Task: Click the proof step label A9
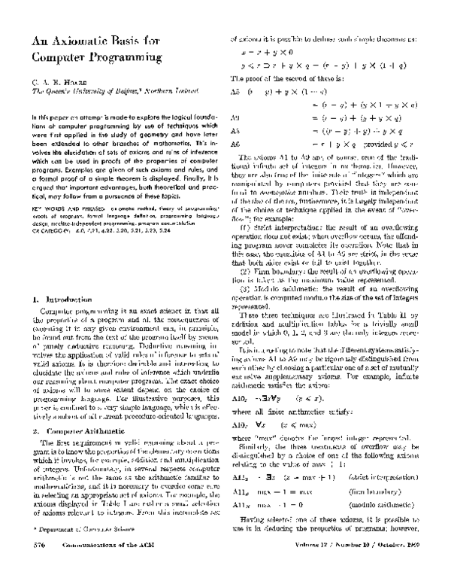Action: [x=235, y=118]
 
